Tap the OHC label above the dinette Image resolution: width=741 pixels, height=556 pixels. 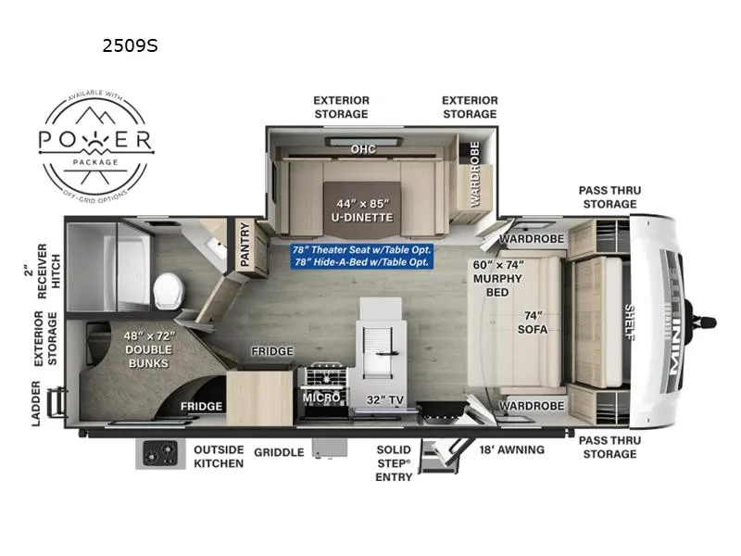[x=361, y=148]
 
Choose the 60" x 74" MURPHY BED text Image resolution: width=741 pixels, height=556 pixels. [x=498, y=272]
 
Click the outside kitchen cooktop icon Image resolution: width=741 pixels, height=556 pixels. [x=161, y=454]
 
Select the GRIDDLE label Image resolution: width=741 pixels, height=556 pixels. [x=279, y=452]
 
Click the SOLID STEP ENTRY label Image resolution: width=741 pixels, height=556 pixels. [x=394, y=462]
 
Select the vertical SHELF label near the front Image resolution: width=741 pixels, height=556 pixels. [x=630, y=321]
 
